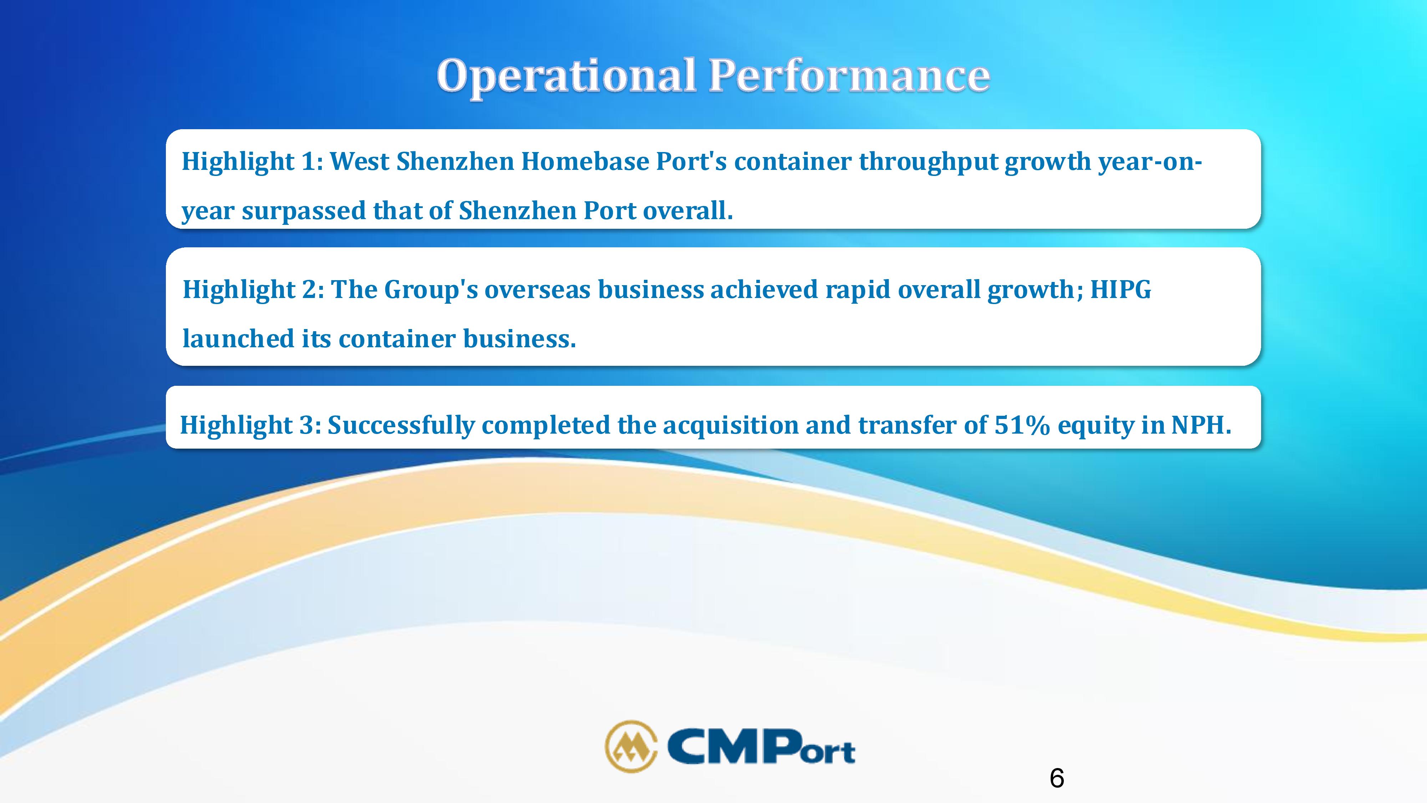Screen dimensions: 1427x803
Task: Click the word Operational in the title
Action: [566, 76]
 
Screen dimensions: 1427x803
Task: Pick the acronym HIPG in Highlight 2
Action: [1121, 289]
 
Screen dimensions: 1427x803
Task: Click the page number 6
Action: [1056, 778]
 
